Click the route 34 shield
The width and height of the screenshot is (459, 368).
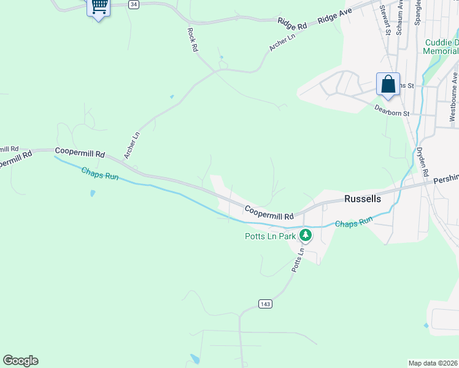(x=134, y=4)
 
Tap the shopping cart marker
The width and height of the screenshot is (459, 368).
(x=99, y=7)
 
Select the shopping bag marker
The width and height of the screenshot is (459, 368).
(x=388, y=85)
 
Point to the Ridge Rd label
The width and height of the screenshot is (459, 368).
(x=292, y=24)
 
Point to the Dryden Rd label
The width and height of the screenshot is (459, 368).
(x=423, y=162)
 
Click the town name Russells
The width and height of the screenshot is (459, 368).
(x=363, y=199)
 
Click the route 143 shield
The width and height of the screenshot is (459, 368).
(x=265, y=304)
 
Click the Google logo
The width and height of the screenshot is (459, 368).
(x=20, y=361)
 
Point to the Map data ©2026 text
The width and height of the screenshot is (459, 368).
(x=433, y=362)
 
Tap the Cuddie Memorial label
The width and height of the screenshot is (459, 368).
(x=441, y=47)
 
